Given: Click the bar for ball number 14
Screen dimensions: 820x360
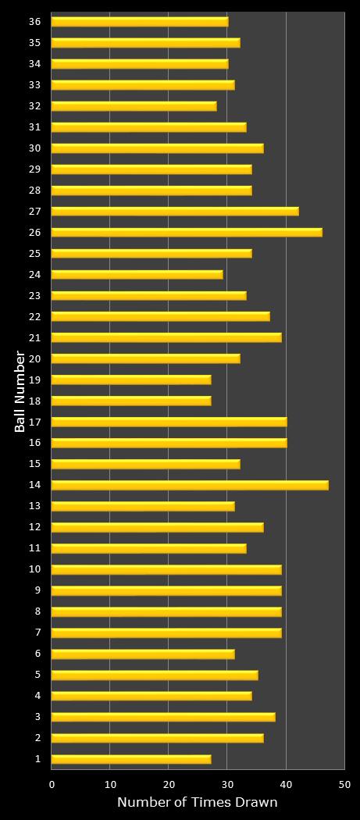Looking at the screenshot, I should click(190, 485).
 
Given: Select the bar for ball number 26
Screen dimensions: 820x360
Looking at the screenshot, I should click(187, 232).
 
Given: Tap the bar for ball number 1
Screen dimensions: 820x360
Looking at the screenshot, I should click(131, 759).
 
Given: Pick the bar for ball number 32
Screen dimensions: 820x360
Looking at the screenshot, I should click(134, 105).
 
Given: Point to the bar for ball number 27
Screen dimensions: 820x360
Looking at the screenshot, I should click(175, 211).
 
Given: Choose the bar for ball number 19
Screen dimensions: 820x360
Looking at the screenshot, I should click(131, 380).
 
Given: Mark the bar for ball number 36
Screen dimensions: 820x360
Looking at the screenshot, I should click(140, 21).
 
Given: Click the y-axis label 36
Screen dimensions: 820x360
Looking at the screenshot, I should click(34, 21).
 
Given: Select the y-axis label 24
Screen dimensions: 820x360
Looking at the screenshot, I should click(34, 274).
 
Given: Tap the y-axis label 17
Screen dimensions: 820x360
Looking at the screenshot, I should click(34, 422).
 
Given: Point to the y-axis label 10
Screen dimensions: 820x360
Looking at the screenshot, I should click(34, 569).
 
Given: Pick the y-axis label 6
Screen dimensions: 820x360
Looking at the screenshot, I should click(37, 654).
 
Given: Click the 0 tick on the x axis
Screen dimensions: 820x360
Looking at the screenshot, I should click(52, 784).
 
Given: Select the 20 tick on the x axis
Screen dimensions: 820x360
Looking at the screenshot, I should click(169, 784).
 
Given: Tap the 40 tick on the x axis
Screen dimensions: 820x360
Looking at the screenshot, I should click(286, 784).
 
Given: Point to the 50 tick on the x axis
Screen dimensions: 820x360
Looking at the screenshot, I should click(344, 784).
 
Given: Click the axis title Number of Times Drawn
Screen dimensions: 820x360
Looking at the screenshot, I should click(197, 802).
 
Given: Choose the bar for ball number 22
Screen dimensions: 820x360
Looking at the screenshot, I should click(161, 316).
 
